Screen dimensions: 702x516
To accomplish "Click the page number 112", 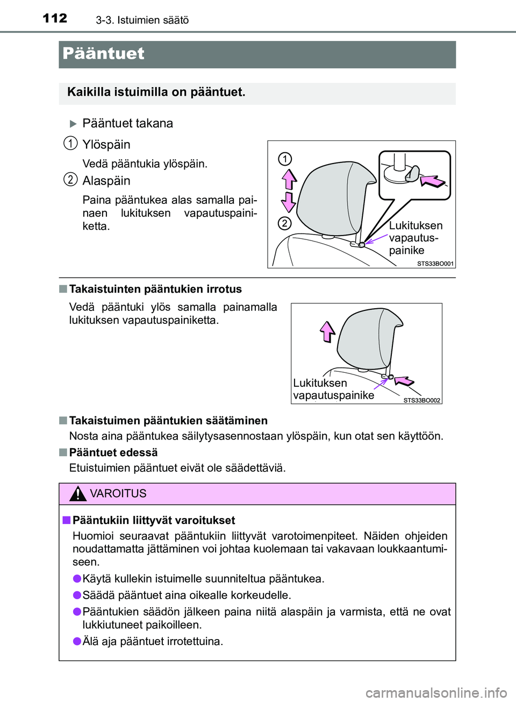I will pos(55,18).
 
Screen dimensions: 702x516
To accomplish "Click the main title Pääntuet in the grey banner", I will pos(103,54).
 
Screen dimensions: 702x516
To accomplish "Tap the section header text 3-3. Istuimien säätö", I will pos(142,20).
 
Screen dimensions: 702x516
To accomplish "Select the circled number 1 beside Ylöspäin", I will pos(70,143).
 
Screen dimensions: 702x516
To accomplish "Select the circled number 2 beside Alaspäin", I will pos(70,179).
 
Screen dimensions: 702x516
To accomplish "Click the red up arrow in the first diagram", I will pos(289,179).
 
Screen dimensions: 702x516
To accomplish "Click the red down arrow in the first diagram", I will pos(289,202).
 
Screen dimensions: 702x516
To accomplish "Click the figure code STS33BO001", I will pos(435,264).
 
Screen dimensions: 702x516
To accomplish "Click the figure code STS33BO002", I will pos(421,400).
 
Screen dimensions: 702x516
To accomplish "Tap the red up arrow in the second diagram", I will pos(327,331).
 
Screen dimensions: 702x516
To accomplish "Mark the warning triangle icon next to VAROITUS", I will pos(78,493).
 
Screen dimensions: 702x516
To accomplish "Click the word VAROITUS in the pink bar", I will pos(118,493).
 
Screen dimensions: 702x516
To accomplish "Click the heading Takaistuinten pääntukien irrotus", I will pos(155,289).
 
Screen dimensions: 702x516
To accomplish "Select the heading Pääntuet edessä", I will pos(113,452).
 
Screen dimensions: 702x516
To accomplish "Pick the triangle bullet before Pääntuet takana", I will pos(73,124).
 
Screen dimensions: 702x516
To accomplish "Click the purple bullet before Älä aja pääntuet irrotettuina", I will pos(77,641).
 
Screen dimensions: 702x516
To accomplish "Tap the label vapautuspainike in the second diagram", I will pos(333,395).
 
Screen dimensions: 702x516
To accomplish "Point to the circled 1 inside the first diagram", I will pos(285,159).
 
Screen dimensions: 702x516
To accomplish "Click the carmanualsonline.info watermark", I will pos(436,693).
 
